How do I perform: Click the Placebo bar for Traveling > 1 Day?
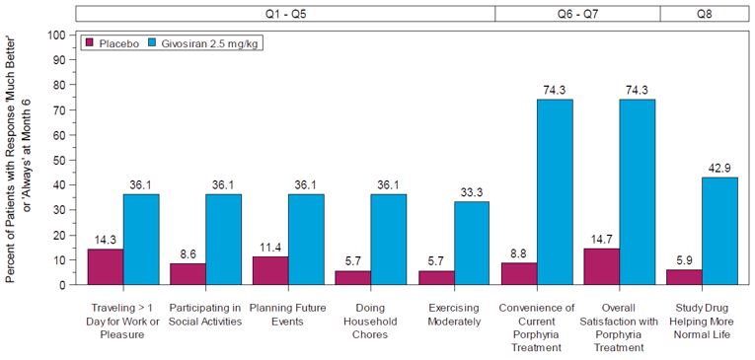click(x=105, y=266)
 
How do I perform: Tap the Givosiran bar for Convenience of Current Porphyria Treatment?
click(x=554, y=191)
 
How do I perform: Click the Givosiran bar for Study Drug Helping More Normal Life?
click(x=719, y=231)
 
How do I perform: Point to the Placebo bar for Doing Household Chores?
click(x=352, y=277)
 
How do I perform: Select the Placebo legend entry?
click(x=110, y=43)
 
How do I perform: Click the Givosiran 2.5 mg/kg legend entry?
click(x=203, y=43)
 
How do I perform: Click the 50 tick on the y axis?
click(x=59, y=160)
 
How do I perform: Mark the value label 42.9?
click(x=719, y=167)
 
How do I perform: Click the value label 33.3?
click(x=471, y=191)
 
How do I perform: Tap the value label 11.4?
click(x=269, y=247)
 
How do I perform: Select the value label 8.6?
click(x=188, y=253)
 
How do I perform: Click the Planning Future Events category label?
click(x=288, y=314)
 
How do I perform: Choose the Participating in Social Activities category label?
click(x=205, y=314)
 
